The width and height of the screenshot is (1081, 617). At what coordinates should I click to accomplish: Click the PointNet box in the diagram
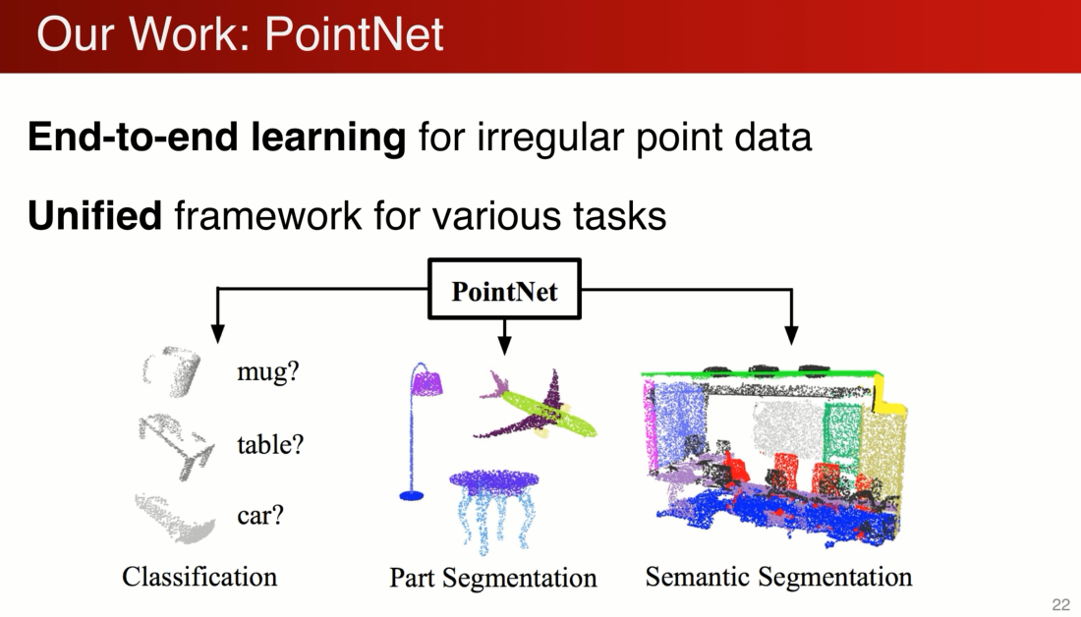(504, 290)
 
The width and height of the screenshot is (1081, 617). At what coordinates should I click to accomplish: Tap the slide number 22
(1060, 604)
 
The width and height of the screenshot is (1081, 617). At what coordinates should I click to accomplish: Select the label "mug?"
(267, 372)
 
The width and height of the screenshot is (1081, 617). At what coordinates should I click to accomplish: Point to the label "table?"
(270, 444)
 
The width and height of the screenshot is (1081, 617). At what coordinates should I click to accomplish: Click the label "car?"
(260, 515)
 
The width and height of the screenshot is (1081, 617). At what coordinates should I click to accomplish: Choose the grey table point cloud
(177, 445)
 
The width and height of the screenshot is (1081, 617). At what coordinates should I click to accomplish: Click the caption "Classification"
(199, 576)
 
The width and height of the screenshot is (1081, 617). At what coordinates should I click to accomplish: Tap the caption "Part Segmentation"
(493, 578)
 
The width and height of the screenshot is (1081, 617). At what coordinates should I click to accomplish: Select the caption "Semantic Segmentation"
(778, 577)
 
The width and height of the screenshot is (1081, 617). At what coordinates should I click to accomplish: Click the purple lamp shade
(426, 382)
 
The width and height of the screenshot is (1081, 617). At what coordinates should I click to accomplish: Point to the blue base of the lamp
(412, 496)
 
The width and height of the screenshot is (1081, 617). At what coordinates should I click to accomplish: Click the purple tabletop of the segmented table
(494, 481)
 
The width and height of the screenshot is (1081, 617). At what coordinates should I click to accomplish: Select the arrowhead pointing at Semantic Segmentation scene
(792, 334)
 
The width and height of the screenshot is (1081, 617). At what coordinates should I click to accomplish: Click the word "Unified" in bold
(94, 216)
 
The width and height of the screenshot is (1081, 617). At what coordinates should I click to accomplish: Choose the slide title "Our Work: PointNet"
(241, 34)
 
